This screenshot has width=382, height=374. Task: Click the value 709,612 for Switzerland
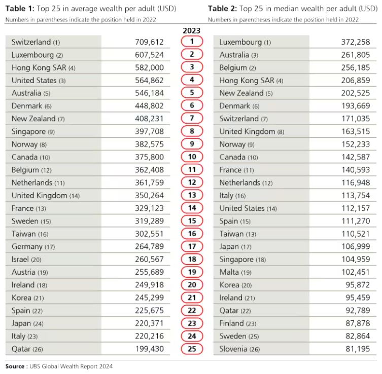tap(149, 42)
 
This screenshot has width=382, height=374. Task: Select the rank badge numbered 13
tap(192, 195)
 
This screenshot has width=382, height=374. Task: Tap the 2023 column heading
tap(191, 30)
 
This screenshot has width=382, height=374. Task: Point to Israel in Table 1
tap(20, 259)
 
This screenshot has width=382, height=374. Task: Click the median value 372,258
tap(356, 42)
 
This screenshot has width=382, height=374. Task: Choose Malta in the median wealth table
tap(229, 272)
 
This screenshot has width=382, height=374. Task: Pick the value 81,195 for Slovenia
tap(358, 349)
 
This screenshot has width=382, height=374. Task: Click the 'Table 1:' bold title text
tap(20, 9)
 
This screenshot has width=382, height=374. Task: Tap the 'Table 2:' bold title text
tap(222, 9)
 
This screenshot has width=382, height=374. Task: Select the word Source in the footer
tap(15, 366)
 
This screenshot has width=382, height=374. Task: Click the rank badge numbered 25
tap(192, 349)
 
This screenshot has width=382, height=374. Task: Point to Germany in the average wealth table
tap(27, 246)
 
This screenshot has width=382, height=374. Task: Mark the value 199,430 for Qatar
tap(150, 349)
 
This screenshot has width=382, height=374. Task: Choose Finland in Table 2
tap(231, 323)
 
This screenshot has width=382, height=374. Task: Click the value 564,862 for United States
tap(149, 80)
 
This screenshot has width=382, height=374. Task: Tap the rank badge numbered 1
tap(192, 42)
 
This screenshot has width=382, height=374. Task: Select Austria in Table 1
tap(23, 272)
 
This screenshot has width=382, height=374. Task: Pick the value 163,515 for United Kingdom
tap(356, 131)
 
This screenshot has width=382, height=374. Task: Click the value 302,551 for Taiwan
tap(149, 234)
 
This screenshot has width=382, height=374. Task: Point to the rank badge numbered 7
tap(192, 118)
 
